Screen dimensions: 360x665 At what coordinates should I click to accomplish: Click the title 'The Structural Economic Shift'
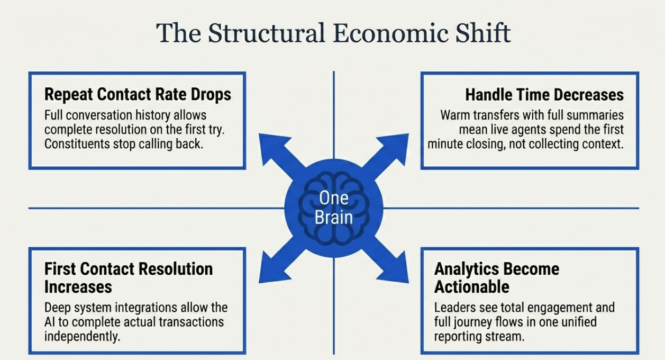[x=333, y=33]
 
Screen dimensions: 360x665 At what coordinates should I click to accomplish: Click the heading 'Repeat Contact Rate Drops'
[x=138, y=94]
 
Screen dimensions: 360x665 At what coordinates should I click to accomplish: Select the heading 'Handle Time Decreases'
[x=544, y=95]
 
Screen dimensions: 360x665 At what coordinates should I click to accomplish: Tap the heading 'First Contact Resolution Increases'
[x=128, y=277]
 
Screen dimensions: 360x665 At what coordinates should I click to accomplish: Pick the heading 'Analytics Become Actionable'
[x=496, y=277]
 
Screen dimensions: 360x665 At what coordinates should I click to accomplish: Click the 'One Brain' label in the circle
[x=333, y=208]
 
